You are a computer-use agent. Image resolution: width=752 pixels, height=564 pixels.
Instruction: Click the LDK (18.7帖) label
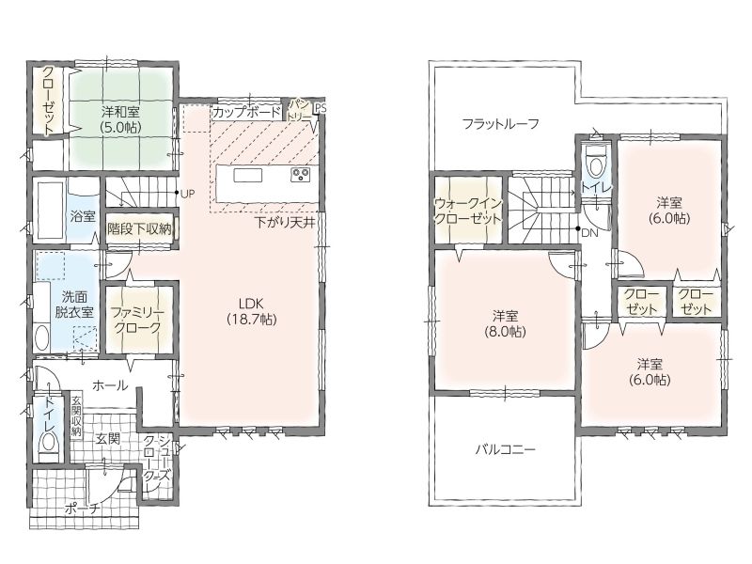252,311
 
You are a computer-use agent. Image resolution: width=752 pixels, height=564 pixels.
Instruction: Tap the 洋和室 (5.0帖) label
120,119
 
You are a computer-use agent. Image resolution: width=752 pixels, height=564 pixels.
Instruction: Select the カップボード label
246,113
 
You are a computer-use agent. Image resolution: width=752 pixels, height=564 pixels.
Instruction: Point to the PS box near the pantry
320,108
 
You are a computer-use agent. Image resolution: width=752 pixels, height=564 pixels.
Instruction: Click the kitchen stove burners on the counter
301,175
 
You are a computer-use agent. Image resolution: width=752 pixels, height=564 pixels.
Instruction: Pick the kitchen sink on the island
248,175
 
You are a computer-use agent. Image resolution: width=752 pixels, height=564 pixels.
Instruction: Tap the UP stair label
187,195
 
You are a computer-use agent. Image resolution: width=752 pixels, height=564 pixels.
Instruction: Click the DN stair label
590,233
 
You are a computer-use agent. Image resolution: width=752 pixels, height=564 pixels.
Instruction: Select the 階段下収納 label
139,228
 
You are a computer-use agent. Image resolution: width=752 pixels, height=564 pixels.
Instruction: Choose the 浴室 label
83,216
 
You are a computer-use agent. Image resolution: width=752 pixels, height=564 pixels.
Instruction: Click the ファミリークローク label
137,321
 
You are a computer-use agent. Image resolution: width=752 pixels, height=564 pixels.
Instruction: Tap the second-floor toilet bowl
596,164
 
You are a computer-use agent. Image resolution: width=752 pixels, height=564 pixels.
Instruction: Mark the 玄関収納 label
76,415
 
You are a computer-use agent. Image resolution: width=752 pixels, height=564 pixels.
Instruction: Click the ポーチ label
83,508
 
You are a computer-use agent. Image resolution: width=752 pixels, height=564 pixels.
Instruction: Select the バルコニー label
505,449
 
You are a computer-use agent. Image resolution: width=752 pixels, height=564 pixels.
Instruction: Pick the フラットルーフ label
501,125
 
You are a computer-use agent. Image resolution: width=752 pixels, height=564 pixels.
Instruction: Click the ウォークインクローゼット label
467,211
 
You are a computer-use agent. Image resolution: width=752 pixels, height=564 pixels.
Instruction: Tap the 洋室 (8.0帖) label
505,323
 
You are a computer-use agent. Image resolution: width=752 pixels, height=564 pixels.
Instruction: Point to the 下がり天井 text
284,222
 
